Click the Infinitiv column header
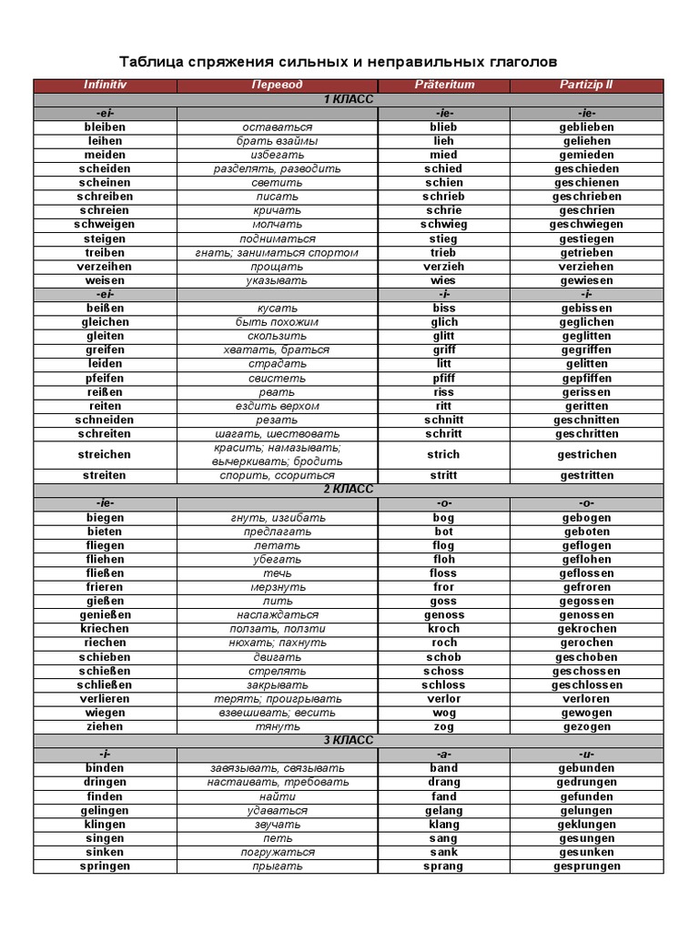[x=105, y=85]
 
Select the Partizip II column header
[x=586, y=85]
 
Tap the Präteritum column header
[x=444, y=85]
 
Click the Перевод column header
[x=278, y=85]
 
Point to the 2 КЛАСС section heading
[x=349, y=490]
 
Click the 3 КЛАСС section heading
[x=349, y=741]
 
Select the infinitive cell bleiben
[x=105, y=127]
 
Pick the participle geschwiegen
[x=586, y=225]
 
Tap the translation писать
[x=278, y=197]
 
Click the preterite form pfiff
[x=444, y=378]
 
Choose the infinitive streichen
[x=106, y=454]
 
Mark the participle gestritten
[x=586, y=475]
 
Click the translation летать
[x=278, y=546]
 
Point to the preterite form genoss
[x=444, y=615]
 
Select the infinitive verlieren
[x=106, y=699]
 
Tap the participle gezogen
[x=586, y=727]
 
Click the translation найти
[x=278, y=796]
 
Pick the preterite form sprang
[x=444, y=866]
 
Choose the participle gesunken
[x=586, y=853]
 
